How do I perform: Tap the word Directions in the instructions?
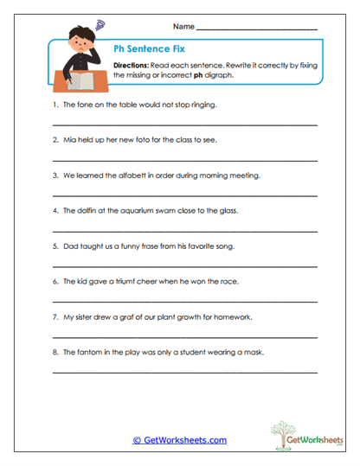132,66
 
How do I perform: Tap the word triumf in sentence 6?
129,282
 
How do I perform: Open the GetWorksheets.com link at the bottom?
179,440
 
